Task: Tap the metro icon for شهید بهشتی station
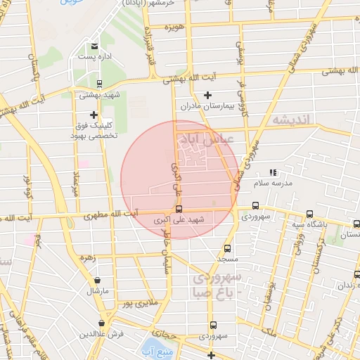(98, 83)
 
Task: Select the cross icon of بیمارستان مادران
(207, 95)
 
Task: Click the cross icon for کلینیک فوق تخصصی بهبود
(94, 115)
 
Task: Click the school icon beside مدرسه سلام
(274, 172)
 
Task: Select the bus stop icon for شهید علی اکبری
(179, 209)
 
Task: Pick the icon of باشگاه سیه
(309, 214)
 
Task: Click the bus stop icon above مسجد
(227, 248)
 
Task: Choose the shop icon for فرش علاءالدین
(103, 323)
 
